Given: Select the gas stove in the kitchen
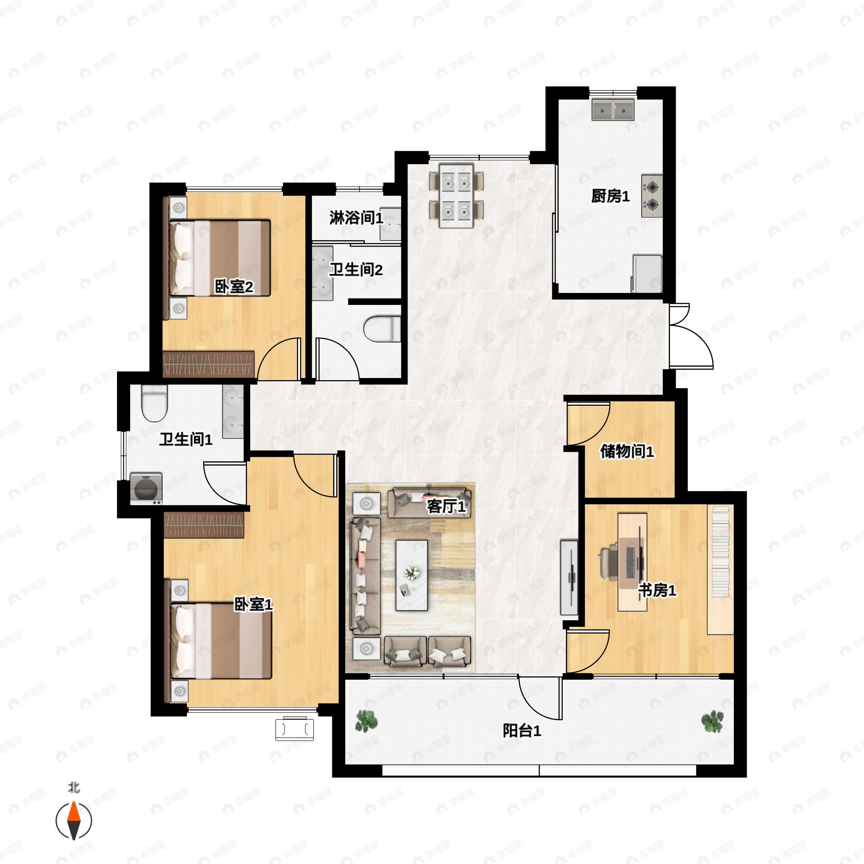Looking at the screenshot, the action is point(652,196).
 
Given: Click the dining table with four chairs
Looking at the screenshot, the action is point(456,196).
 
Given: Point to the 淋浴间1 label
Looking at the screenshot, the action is point(356,218).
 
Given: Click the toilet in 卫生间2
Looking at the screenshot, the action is point(382,329).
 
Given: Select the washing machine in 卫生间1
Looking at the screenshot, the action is point(146,489).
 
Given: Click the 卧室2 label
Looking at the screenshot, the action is point(234,287).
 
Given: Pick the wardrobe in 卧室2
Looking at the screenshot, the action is point(208,364).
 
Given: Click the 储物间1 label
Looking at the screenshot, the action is point(627,451).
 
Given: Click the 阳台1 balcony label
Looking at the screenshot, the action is point(522,731).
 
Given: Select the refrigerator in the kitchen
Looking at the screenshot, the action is point(646,273).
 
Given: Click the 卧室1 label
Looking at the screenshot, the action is point(253,605).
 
